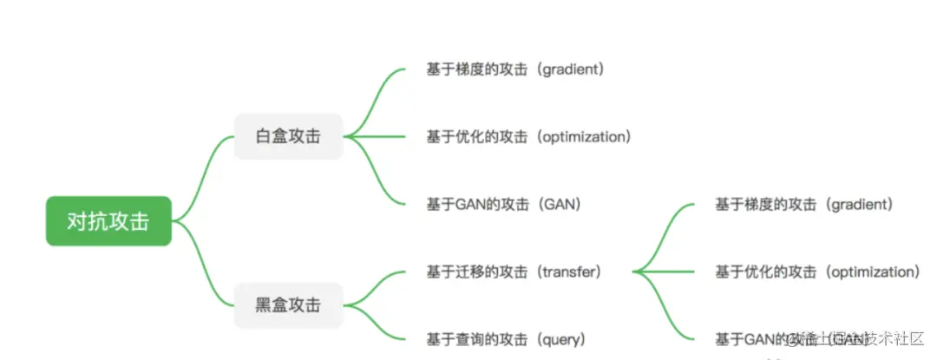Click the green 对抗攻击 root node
click(108, 221)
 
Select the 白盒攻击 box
click(288, 136)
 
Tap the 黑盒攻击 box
click(288, 304)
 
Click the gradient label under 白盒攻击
click(514, 69)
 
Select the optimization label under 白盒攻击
click(528, 136)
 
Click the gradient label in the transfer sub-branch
click(803, 204)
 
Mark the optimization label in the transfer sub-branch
click(817, 272)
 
